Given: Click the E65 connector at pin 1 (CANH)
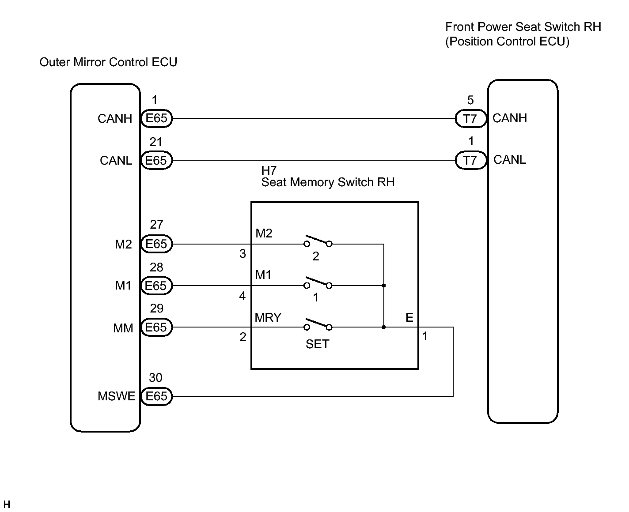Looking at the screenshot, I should (156, 118).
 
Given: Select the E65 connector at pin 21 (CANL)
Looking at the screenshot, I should (156, 160).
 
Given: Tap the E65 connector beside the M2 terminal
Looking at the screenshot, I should (156, 244).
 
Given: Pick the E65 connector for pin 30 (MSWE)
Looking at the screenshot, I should (156, 396).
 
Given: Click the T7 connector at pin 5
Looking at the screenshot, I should (471, 119).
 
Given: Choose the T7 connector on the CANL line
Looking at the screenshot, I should (471, 160).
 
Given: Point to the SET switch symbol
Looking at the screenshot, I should (318, 325).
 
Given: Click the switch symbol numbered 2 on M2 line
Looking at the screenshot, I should (318, 242).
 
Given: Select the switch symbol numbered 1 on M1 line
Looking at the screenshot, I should (318, 283).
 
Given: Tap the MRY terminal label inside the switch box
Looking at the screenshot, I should (268, 318).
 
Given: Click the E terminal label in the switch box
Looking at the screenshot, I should (409, 318).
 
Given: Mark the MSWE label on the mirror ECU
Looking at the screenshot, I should (116, 396).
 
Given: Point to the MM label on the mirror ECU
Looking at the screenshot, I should (123, 328).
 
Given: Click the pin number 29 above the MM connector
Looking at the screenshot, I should (156, 309).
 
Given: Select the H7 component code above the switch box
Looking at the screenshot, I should (269, 171).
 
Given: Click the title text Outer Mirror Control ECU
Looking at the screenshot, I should (108, 62).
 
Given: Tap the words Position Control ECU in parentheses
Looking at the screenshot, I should (507, 41).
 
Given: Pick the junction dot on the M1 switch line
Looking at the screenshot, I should (384, 286).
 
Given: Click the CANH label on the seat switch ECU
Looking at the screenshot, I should (510, 118).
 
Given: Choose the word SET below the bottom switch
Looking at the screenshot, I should (318, 344).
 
